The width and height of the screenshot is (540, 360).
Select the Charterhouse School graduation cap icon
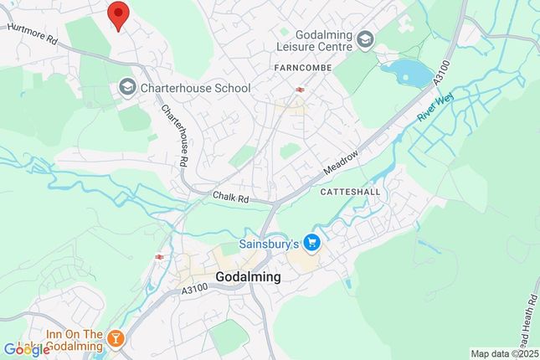127,86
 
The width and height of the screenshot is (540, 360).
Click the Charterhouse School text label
195,87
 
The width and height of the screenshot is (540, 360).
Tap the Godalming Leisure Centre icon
364,39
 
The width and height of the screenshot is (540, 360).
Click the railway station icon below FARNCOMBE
297,88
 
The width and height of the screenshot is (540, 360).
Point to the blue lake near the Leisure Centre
405,73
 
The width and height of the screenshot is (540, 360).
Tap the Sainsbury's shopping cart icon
312,243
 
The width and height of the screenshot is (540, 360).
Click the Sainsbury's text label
270,243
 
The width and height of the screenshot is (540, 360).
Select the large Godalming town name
248,276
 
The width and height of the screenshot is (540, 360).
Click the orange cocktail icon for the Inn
116,340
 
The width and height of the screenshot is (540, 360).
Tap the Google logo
26,349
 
